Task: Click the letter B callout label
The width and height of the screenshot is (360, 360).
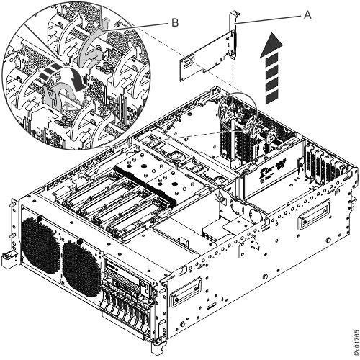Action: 173,22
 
